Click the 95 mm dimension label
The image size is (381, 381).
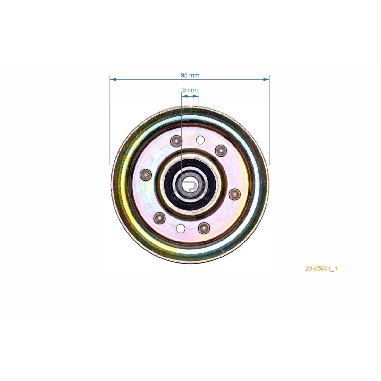[x=190, y=75]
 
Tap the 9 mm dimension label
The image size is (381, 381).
[x=190, y=90]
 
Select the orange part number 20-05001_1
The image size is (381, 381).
[x=321, y=268]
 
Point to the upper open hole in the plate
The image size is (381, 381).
[x=200, y=140]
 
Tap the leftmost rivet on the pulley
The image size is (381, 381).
[x=146, y=175]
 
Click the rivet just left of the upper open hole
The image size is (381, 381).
[x=176, y=140]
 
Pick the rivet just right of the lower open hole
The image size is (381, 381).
[x=204, y=228]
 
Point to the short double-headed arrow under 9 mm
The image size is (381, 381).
[x=190, y=96]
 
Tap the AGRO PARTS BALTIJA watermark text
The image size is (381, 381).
[x=191, y=198]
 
